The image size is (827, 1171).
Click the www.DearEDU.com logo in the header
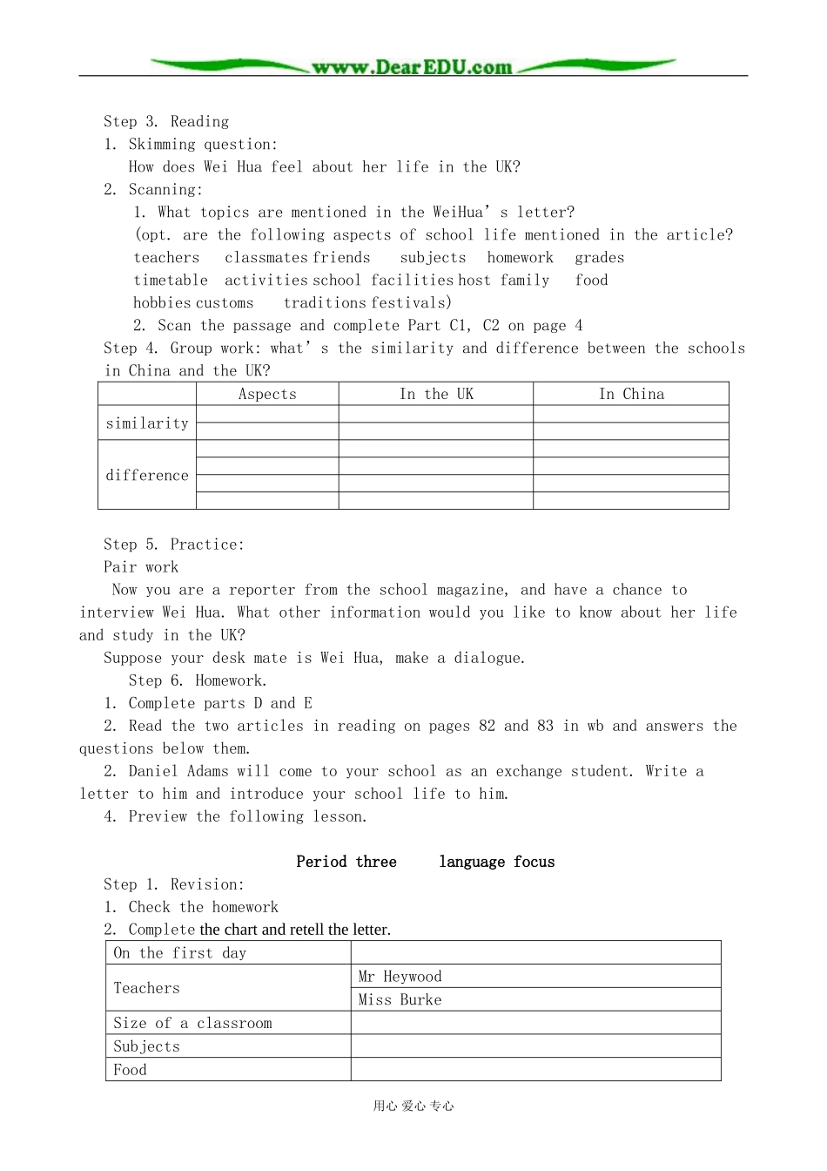coord(412,67)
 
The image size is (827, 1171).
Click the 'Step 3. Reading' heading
coord(166,122)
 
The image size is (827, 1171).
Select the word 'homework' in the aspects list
coord(520,258)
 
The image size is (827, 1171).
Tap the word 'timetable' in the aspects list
coord(171,281)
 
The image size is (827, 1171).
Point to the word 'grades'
coord(599,258)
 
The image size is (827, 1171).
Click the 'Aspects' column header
coord(267,395)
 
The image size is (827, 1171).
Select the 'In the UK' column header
coord(436,395)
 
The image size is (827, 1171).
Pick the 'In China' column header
coord(631,395)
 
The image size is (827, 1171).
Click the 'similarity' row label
coord(147,423)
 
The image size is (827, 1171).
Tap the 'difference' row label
coord(147,476)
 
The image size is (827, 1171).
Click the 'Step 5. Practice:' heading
coord(174,545)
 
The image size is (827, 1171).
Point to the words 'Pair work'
coord(141,567)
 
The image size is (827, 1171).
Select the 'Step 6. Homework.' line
coord(198,680)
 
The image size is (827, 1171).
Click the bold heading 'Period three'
coord(346,862)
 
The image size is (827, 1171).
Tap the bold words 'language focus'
coord(496,862)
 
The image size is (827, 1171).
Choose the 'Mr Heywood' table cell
coord(400,977)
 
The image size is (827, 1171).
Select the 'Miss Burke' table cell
coord(400,1000)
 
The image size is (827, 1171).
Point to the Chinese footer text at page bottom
coord(413,1107)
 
